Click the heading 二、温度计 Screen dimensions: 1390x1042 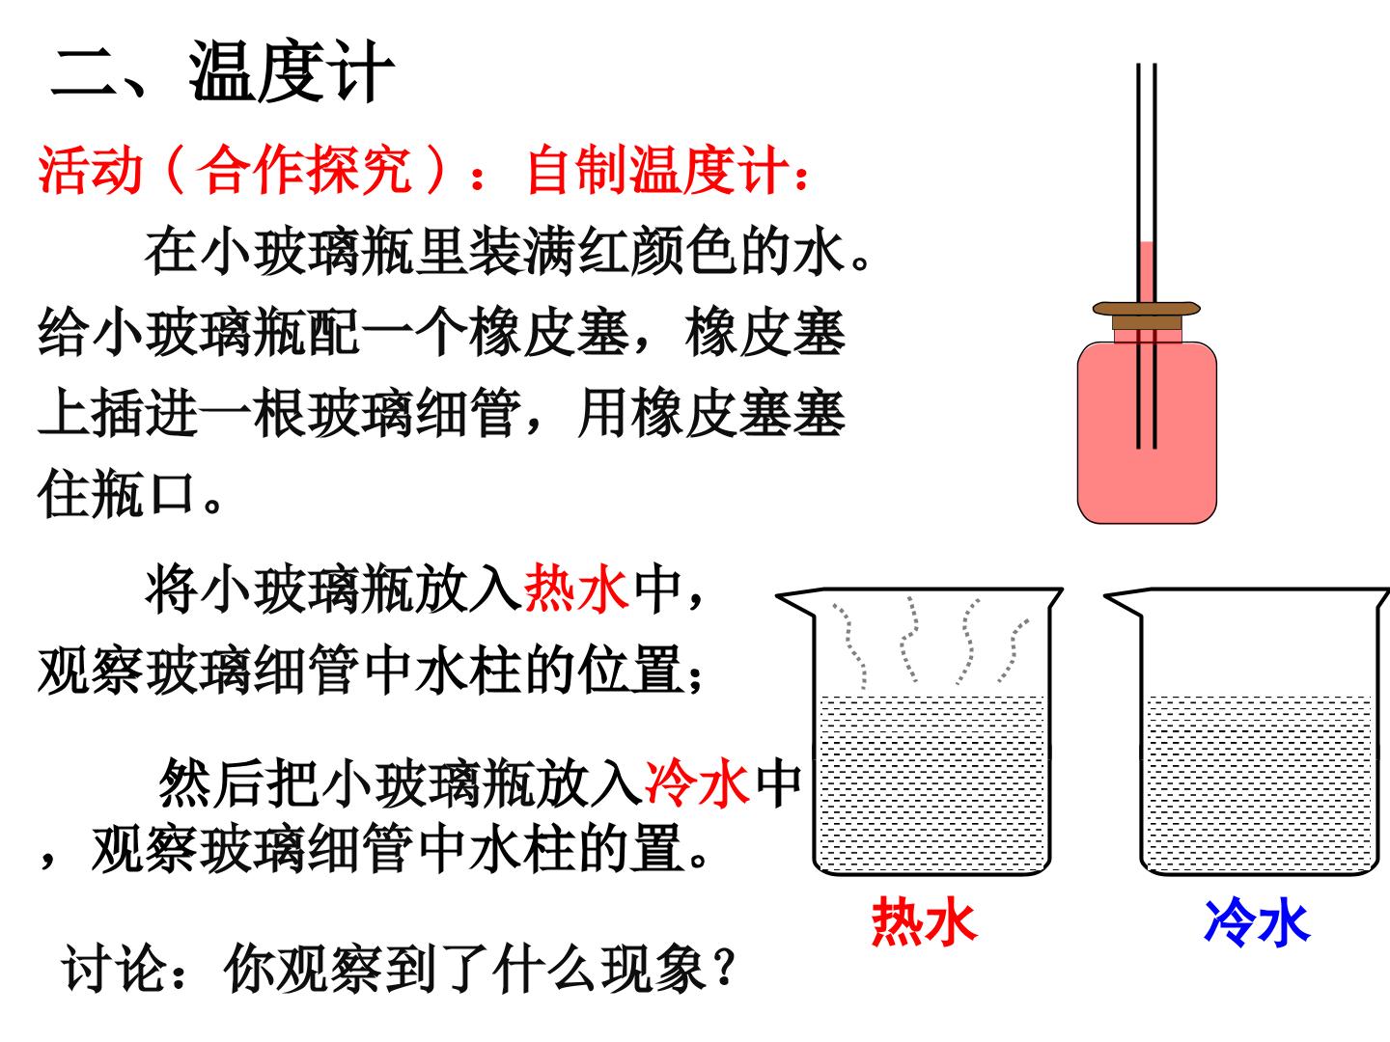pyautogui.click(x=222, y=70)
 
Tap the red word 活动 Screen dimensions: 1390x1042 pyautogui.click(x=91, y=170)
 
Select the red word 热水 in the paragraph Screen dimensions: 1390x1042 pyautogui.click(x=576, y=589)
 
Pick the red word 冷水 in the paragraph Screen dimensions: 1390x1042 pyautogui.click(x=697, y=783)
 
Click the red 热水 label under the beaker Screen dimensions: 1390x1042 pyautogui.click(x=925, y=922)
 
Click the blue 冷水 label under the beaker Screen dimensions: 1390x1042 pyautogui.click(x=1257, y=922)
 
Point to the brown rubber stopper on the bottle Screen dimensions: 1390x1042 pyautogui.click(x=1146, y=315)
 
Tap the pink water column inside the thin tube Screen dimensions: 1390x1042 pyautogui.click(x=1147, y=272)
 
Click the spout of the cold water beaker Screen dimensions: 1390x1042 pyautogui.click(x=1121, y=600)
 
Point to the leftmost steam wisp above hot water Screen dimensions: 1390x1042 pyautogui.click(x=849, y=646)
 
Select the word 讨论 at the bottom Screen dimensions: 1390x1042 pyautogui.click(x=114, y=968)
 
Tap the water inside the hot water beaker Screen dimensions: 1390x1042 pyautogui.click(x=931, y=784)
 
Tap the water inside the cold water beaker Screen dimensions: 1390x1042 pyautogui.click(x=1259, y=784)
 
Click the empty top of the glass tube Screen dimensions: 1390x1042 pyautogui.click(x=1147, y=151)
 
